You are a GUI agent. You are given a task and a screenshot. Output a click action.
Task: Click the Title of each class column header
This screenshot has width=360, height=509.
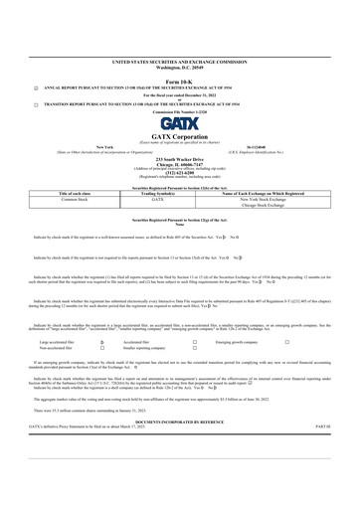[x=77, y=192]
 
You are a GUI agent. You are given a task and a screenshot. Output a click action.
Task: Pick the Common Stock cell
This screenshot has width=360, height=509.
[x=77, y=199]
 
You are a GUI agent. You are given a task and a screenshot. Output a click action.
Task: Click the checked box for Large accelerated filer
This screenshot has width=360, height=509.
[x=102, y=339]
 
